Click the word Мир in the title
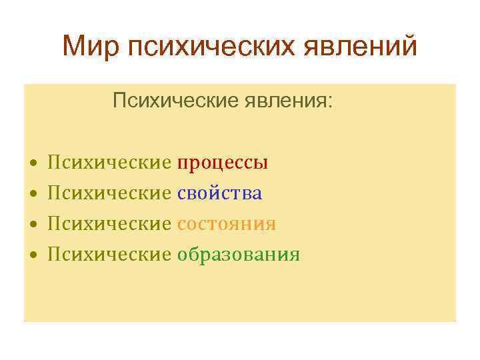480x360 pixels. tap(91, 47)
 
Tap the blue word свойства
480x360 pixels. tap(219, 193)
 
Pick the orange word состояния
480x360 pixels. tap(227, 224)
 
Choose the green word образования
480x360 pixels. tap(238, 255)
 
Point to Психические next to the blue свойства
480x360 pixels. tap(109, 193)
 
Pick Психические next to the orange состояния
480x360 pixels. tap(109, 224)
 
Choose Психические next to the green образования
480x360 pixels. tap(109, 255)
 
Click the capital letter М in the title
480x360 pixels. tap(73, 47)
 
